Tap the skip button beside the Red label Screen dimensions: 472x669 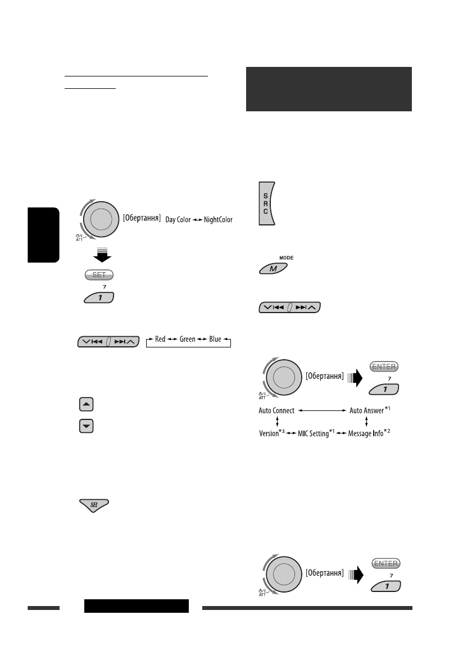[x=107, y=341]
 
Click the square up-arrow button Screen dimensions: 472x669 [x=87, y=404]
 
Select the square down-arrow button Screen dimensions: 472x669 [x=87, y=427]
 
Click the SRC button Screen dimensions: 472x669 [x=267, y=203]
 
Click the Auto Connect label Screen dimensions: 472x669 [x=276, y=411]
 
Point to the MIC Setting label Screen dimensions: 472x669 [x=309, y=435]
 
